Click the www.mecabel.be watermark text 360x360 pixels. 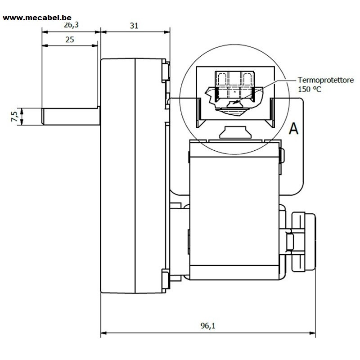[37, 18]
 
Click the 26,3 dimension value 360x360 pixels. [71, 25]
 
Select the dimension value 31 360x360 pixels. [134, 26]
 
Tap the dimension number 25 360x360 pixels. [70, 40]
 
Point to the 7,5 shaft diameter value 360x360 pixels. [14, 117]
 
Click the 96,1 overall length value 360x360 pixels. [208, 325]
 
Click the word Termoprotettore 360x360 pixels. [325, 80]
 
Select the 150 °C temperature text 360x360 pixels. [310, 89]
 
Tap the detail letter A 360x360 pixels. [294, 128]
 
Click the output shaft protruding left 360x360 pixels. [71, 117]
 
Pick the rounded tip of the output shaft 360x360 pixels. [43, 117]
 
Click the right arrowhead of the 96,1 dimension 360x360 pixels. [312, 333]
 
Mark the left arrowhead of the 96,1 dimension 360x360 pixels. [104, 333]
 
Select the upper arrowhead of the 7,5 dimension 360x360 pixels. [22, 111]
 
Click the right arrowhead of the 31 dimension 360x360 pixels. [167, 32]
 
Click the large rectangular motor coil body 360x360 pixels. [234, 211]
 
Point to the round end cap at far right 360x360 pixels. [303, 242]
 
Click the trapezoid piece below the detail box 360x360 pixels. [234, 132]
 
